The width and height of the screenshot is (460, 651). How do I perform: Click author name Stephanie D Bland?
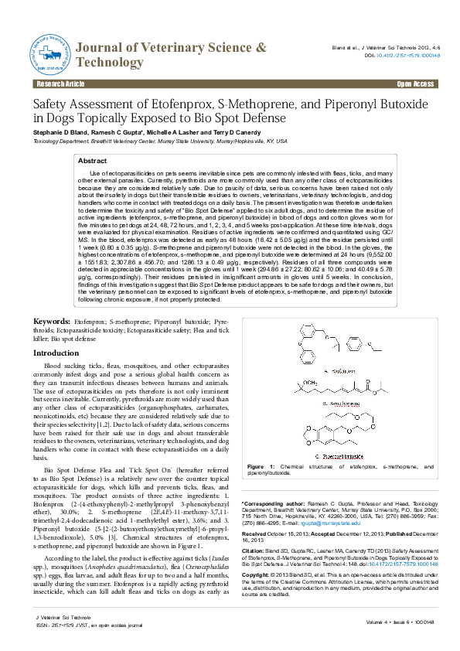[x=59, y=132]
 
